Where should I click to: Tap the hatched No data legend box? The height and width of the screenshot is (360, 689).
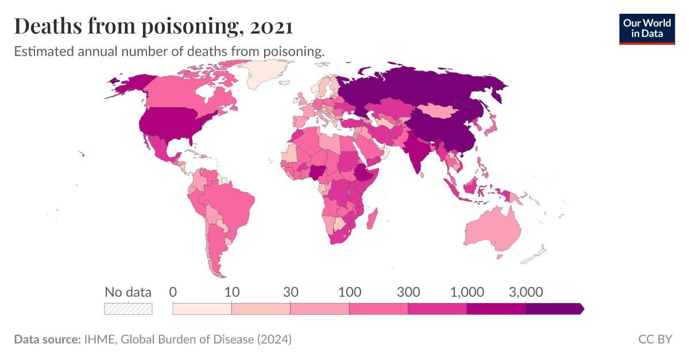pyautogui.click(x=128, y=308)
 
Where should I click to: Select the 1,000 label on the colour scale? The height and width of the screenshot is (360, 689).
pyautogui.click(x=467, y=292)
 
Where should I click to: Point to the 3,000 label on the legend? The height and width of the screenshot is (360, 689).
pyautogui.click(x=525, y=292)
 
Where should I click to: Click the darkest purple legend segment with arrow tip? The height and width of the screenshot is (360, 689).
pyautogui.click(x=554, y=308)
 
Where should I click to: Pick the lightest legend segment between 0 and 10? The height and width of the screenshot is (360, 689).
pyautogui.click(x=202, y=308)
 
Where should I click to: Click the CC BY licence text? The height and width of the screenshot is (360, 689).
pyautogui.click(x=655, y=339)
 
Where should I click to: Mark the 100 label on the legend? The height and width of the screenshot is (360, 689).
pyautogui.click(x=349, y=292)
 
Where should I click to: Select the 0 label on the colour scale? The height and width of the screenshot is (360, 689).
pyautogui.click(x=173, y=292)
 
